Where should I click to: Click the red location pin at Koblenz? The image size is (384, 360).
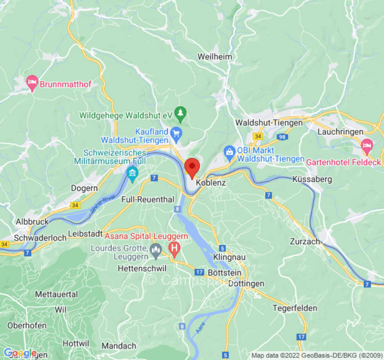pyautogui.click(x=192, y=167)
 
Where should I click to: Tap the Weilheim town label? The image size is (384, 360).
pyautogui.click(x=215, y=57)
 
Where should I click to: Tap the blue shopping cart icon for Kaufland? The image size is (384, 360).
pyautogui.click(x=176, y=132)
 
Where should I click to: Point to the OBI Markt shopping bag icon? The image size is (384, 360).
pyautogui.click(x=229, y=152)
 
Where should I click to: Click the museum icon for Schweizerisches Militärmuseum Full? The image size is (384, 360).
pyautogui.click(x=132, y=172)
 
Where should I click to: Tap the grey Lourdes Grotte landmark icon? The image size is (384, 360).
pyautogui.click(x=156, y=248)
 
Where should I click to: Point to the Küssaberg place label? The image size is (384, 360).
pyautogui.click(x=312, y=179)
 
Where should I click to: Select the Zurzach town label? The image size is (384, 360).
pyautogui.click(x=305, y=241)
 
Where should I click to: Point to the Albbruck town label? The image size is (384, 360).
pyautogui.click(x=32, y=221)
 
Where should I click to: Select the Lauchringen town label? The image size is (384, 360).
pyautogui.click(x=340, y=132)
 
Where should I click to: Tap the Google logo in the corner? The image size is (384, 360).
pyautogui.click(x=20, y=353)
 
